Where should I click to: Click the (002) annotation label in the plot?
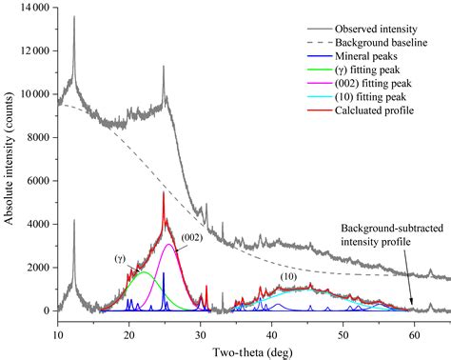pos(189,236)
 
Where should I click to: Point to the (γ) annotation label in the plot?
pos(120,258)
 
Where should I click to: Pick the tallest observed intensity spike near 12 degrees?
pos(74,16)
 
